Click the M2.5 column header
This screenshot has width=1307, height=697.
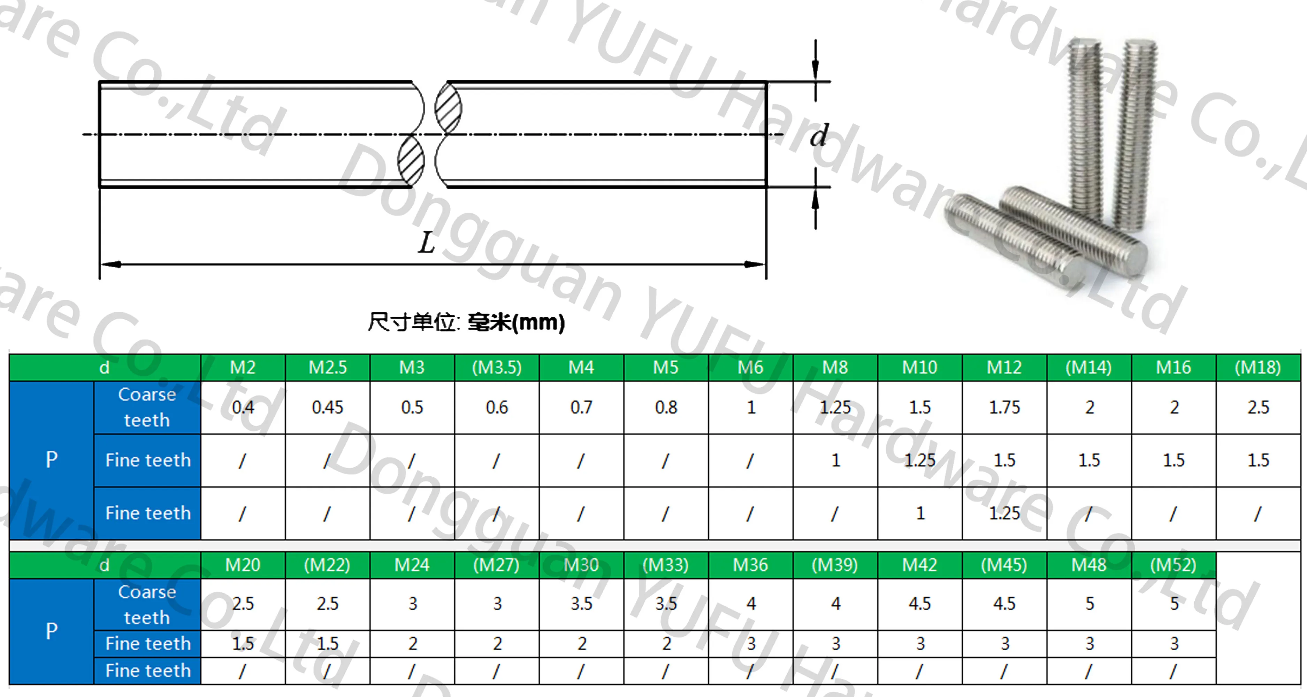pos(328,367)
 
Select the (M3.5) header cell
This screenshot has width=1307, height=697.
pos(497,367)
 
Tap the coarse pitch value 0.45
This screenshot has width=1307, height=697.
pos(328,407)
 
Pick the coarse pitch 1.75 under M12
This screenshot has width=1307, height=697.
pos(1004,407)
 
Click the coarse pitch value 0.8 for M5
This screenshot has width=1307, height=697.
pos(666,407)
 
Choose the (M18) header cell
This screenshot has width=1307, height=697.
pos(1258,367)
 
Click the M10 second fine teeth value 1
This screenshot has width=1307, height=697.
pos(920,513)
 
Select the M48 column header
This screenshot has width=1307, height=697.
pos(1089,565)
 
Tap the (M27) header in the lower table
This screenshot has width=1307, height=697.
pos(497,565)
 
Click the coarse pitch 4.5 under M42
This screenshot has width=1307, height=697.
pos(920,604)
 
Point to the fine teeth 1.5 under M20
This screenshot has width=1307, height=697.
pos(243,644)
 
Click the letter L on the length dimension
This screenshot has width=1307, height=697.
pos(426,243)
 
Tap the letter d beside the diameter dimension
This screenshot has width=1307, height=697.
pos(818,136)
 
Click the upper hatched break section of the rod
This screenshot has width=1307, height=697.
pos(448,108)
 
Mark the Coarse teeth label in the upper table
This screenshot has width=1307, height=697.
pos(147,407)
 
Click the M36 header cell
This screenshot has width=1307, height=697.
pos(750,565)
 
